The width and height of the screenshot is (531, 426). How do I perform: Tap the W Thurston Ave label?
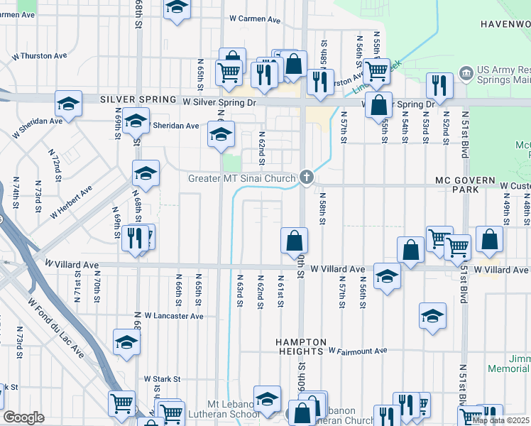[x=39, y=55]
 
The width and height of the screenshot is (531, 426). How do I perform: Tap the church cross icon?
[x=307, y=177]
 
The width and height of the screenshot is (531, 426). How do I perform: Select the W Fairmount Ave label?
[x=358, y=351]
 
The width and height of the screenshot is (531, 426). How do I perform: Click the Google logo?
[x=23, y=417]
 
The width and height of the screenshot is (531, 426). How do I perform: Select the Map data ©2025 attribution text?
[x=500, y=420]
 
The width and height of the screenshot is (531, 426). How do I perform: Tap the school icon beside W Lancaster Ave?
[x=127, y=342]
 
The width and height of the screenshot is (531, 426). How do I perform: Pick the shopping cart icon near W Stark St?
[x=121, y=403]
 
